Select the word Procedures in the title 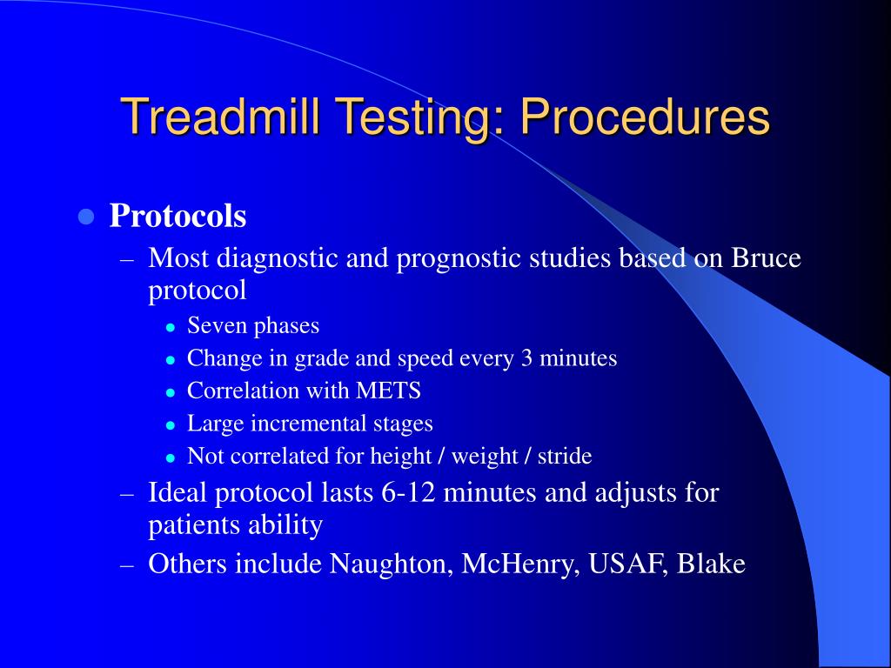645,118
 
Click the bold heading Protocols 178,217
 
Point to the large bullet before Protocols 85,217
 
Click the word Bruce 766,259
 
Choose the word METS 388,391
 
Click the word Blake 711,564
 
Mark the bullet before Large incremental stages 171,425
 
